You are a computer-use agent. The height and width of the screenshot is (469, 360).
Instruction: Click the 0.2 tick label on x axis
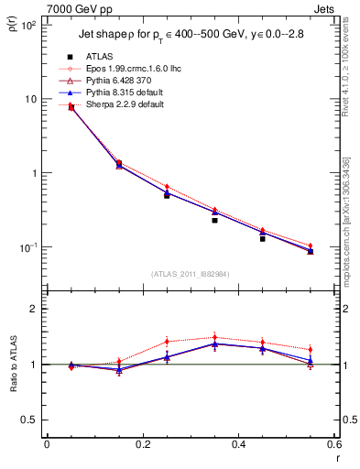142,444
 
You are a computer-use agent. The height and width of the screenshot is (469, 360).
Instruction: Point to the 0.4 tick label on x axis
238,444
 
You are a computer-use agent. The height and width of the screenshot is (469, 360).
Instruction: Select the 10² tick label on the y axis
29,25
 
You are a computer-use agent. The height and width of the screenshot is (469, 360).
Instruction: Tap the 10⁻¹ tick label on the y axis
29,247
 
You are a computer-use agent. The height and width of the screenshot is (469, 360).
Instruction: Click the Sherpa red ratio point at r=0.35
214,337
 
